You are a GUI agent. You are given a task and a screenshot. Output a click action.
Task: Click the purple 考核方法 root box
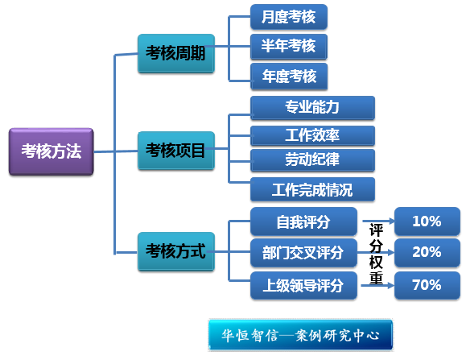pos(52,151)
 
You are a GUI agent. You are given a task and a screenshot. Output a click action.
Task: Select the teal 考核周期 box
pos(176,53)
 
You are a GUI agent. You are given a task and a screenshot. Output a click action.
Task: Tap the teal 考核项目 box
pos(176,151)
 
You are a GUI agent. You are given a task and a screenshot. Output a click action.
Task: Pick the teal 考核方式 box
pos(176,251)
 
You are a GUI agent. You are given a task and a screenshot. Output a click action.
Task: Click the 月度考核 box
pos(289,17)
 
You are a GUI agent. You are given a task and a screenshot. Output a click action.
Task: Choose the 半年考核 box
pos(289,47)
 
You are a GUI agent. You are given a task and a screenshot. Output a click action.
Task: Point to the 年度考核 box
pos(289,76)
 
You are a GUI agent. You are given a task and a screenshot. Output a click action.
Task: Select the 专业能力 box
pos(312,108)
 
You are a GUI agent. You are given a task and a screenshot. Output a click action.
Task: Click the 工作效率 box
pos(312,135)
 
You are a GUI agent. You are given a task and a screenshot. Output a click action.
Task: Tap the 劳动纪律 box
pos(312,160)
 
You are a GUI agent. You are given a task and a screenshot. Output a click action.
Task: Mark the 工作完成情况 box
pos(312,189)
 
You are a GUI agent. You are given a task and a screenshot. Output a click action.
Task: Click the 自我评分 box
pos(303,221)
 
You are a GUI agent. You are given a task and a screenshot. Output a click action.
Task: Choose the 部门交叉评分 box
pos(303,253)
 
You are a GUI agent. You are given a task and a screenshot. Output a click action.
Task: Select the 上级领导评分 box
pos(303,285)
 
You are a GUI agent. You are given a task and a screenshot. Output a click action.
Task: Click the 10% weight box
pos(427,221)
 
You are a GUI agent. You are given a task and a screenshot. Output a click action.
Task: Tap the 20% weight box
pos(427,252)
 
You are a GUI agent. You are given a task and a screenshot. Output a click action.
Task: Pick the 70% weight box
pos(427,285)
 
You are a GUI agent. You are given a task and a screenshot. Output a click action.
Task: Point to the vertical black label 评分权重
pos(376,254)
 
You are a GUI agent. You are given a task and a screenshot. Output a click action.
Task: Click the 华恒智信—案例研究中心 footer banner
pos(300,335)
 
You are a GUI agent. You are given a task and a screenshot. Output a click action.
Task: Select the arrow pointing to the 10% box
pos(378,221)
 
